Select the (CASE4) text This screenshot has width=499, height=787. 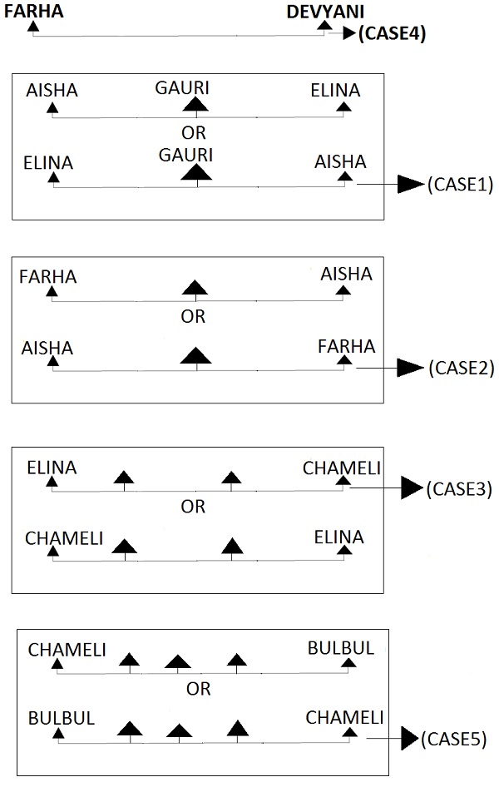point(391,34)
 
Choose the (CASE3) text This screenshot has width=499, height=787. point(460,489)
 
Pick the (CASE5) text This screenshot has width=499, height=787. point(454,738)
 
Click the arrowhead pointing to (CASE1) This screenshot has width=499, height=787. point(409,185)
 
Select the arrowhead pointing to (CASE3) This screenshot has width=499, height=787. point(412,489)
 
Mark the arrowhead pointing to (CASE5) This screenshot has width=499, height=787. point(408,738)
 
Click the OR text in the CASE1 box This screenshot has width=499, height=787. point(193,133)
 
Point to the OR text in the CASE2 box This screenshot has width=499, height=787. point(193,317)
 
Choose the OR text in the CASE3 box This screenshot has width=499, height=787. point(193,507)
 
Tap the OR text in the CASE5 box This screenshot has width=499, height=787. point(198,689)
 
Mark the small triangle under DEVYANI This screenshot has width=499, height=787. point(324,27)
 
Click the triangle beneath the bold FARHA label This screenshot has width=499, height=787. point(33,27)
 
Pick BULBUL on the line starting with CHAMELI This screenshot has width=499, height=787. point(341,647)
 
